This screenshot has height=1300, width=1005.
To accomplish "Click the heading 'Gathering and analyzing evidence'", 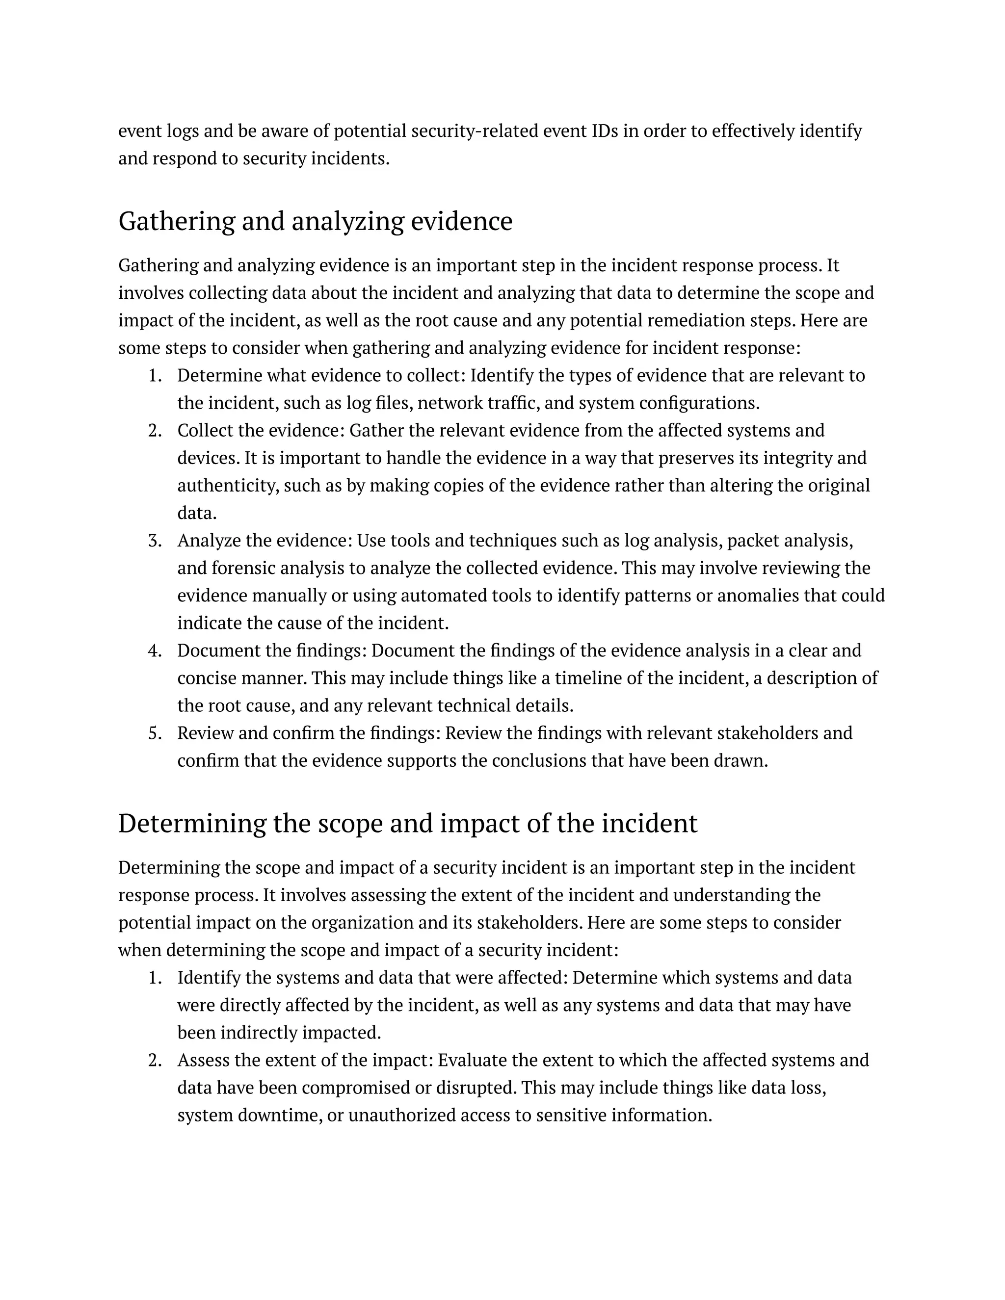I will (315, 221).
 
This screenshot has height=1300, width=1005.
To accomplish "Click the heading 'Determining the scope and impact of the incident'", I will (407, 824).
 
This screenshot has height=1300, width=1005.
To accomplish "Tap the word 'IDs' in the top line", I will (606, 130).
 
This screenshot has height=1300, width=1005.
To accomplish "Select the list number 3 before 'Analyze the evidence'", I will (156, 541).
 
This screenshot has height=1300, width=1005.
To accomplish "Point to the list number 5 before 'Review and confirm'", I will (156, 733).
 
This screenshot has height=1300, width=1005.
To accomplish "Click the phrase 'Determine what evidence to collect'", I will (321, 376).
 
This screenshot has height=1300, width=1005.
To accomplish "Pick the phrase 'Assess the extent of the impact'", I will (305, 1060).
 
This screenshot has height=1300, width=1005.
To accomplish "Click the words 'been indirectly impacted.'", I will (279, 1033).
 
